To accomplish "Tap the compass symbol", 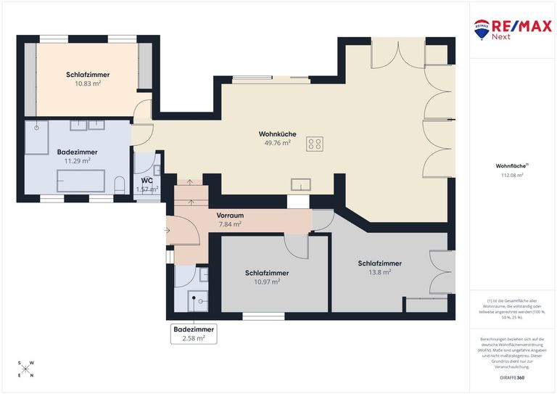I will point(27,369).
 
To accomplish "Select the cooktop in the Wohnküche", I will point(315,144).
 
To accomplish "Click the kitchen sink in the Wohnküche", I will point(301,184).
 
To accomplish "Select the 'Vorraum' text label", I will point(229,216).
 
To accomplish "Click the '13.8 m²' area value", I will point(380,272).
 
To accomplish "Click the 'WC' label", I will point(147,180).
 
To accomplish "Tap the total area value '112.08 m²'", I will point(513,175).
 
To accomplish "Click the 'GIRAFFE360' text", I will point(512,378).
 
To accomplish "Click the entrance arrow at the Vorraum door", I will point(168,231).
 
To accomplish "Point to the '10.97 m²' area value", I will point(267,282).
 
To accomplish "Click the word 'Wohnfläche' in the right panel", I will point(511,165).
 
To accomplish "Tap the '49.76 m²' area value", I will point(277,143).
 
